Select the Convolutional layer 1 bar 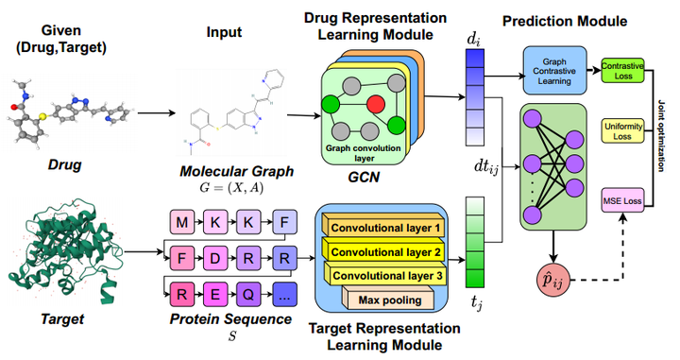click(x=385, y=228)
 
